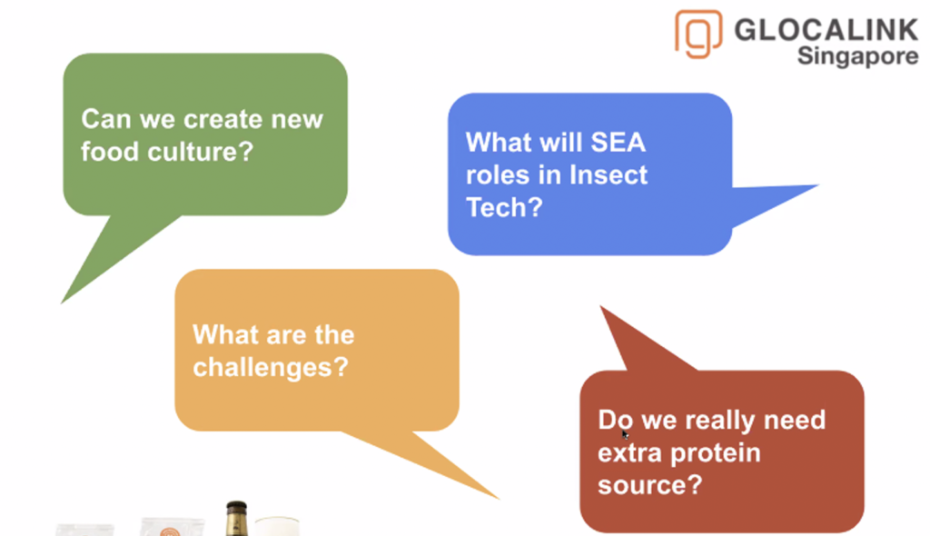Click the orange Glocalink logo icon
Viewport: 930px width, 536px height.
(x=698, y=34)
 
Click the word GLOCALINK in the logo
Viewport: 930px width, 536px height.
(x=826, y=30)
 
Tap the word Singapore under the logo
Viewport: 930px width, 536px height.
(x=857, y=56)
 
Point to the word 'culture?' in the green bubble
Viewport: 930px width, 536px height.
(x=201, y=152)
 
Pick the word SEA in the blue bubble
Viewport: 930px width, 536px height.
(x=618, y=143)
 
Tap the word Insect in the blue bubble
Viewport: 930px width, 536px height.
(x=608, y=175)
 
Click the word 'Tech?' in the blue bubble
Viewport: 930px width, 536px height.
(x=504, y=208)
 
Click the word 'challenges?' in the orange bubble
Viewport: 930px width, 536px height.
(x=271, y=367)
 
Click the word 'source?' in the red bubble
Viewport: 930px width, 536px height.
(x=650, y=485)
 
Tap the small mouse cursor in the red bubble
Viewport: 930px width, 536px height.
(x=625, y=434)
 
